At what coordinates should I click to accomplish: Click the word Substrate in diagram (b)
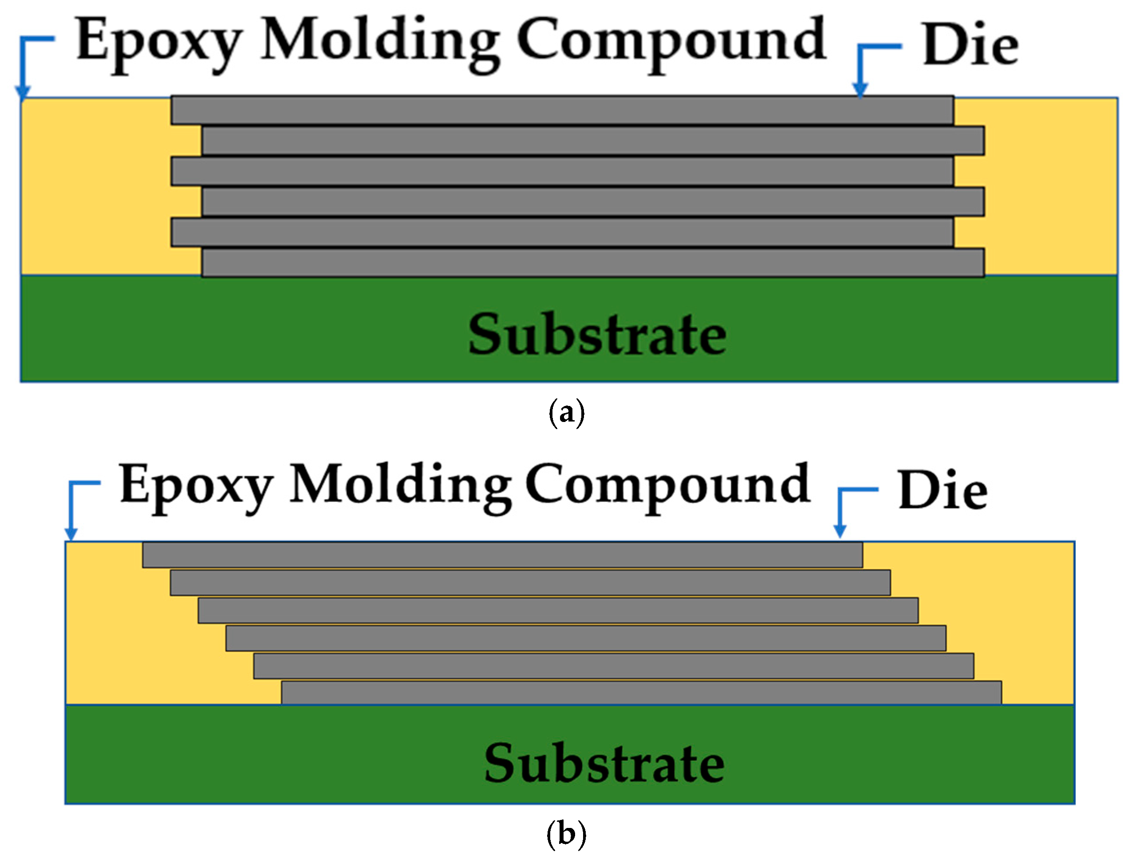click(604, 764)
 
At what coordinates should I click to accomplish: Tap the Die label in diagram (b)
click(943, 491)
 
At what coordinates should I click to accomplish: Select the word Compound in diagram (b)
click(667, 485)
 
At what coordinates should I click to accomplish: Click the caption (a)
click(567, 413)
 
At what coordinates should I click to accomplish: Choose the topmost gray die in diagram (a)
click(562, 110)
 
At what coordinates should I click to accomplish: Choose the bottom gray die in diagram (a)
click(593, 263)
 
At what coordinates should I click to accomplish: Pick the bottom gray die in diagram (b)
click(641, 693)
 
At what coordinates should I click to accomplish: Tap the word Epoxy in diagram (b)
click(196, 485)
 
